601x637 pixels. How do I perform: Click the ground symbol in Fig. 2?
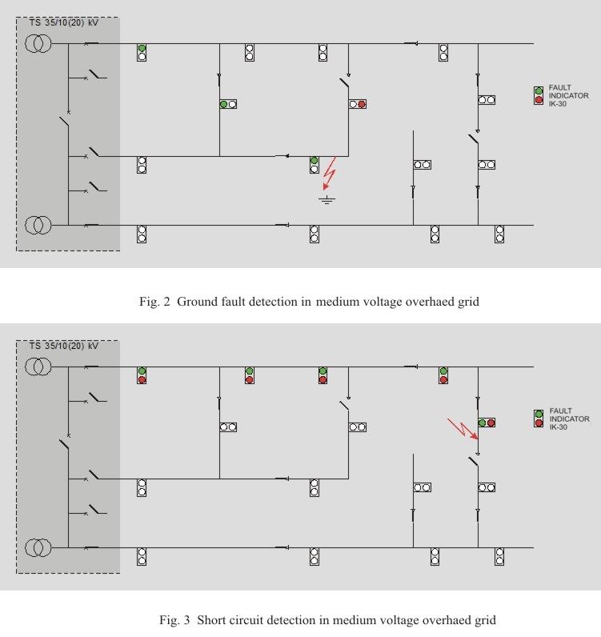(327, 199)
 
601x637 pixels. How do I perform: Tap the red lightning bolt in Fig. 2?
(330, 174)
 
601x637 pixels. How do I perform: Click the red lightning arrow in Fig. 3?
(463, 429)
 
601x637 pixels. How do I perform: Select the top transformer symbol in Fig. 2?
(38, 43)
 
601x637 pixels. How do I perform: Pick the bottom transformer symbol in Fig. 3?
(38, 547)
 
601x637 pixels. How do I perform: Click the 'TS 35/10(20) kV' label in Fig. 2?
(64, 22)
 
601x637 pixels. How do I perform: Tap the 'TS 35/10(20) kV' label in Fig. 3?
(64, 346)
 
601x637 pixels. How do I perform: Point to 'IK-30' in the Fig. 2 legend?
(558, 103)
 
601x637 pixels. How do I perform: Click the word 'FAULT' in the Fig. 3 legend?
(560, 411)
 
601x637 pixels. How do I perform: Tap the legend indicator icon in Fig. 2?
(539, 95)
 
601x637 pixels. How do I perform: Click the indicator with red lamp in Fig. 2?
(357, 104)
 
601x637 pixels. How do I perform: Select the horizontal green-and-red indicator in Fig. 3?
(487, 423)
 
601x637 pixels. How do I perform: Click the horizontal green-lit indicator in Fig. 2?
(228, 104)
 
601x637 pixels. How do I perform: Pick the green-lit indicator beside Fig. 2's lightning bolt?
(315, 165)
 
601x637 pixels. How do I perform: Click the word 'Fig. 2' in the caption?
(154, 302)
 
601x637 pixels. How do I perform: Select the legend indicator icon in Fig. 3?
(539, 419)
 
